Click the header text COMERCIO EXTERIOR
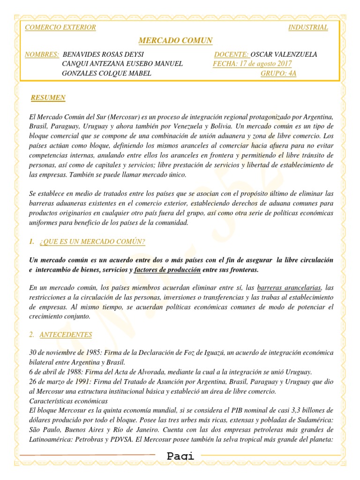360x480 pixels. point(60,27)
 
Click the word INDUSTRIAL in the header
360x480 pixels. point(308,27)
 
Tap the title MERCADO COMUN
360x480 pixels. point(176,41)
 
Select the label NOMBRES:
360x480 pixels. point(42,54)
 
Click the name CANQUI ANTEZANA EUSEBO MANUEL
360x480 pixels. point(122,64)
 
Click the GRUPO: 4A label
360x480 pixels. point(278,73)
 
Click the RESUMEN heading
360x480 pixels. point(48,98)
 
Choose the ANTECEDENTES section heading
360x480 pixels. point(66,335)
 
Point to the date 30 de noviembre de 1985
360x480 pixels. point(65,352)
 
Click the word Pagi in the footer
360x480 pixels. point(180,456)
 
